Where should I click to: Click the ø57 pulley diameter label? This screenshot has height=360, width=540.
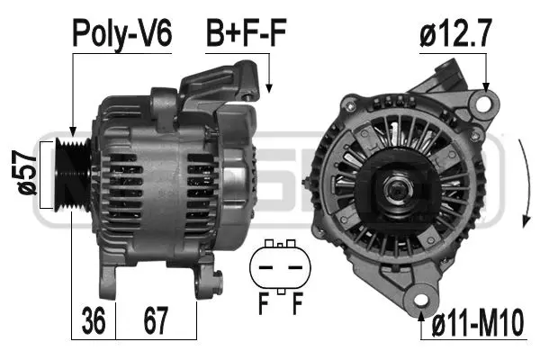[26, 171]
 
